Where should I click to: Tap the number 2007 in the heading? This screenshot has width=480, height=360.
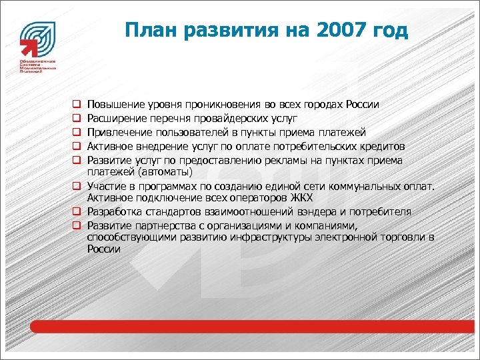[x=343, y=31]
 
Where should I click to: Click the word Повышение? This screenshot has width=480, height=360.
[x=113, y=105]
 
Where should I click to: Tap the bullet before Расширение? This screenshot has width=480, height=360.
[x=77, y=119]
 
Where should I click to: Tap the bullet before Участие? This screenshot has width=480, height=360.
[x=77, y=187]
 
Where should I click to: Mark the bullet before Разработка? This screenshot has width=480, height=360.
[x=77, y=212]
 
